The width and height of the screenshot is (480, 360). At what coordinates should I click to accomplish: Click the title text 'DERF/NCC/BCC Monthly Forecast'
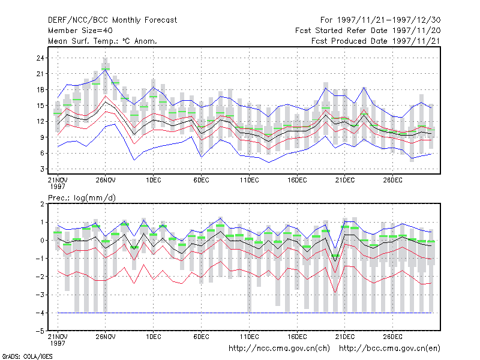point(112,20)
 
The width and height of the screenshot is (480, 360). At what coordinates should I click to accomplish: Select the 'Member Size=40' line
point(80,31)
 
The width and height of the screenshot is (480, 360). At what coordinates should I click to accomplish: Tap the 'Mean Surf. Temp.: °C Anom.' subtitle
point(102,41)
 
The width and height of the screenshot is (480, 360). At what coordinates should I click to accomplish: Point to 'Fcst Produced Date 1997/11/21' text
point(376,41)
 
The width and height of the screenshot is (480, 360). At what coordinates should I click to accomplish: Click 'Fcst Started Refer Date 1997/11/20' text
point(368,31)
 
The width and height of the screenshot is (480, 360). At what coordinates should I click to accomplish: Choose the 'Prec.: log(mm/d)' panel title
point(82,198)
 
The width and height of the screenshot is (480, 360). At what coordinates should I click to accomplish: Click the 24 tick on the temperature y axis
point(40,58)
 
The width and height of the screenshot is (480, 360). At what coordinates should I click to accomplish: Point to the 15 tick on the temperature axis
point(40,106)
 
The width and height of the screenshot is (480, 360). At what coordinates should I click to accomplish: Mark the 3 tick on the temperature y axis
point(42,169)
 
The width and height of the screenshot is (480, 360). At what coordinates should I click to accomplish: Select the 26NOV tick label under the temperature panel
point(106,180)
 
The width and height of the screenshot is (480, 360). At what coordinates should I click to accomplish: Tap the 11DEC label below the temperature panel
point(249,180)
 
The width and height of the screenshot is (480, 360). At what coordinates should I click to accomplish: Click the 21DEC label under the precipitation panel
point(345,337)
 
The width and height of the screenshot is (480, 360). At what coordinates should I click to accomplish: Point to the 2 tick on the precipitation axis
point(42,204)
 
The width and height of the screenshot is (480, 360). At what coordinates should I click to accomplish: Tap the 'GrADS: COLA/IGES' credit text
point(27,356)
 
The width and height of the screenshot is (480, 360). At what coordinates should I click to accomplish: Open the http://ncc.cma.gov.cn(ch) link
point(279,349)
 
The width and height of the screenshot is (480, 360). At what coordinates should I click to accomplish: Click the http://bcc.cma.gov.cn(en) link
point(389,349)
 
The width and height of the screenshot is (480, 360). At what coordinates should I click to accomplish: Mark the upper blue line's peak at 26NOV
point(106,70)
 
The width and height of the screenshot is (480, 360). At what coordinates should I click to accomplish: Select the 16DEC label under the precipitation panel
point(297,337)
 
